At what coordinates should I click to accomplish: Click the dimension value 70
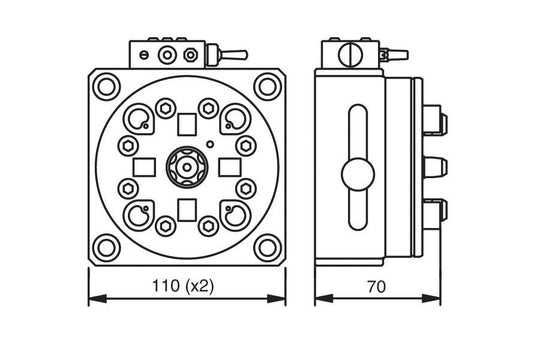point(377,286)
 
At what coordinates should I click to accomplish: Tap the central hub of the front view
point(186,166)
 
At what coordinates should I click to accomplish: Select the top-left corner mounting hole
point(106,87)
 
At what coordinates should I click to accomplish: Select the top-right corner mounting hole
point(266,87)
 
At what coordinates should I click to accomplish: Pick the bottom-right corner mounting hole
point(266,246)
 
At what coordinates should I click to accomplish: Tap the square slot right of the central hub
point(228,166)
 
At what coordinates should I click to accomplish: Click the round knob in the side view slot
point(358,174)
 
